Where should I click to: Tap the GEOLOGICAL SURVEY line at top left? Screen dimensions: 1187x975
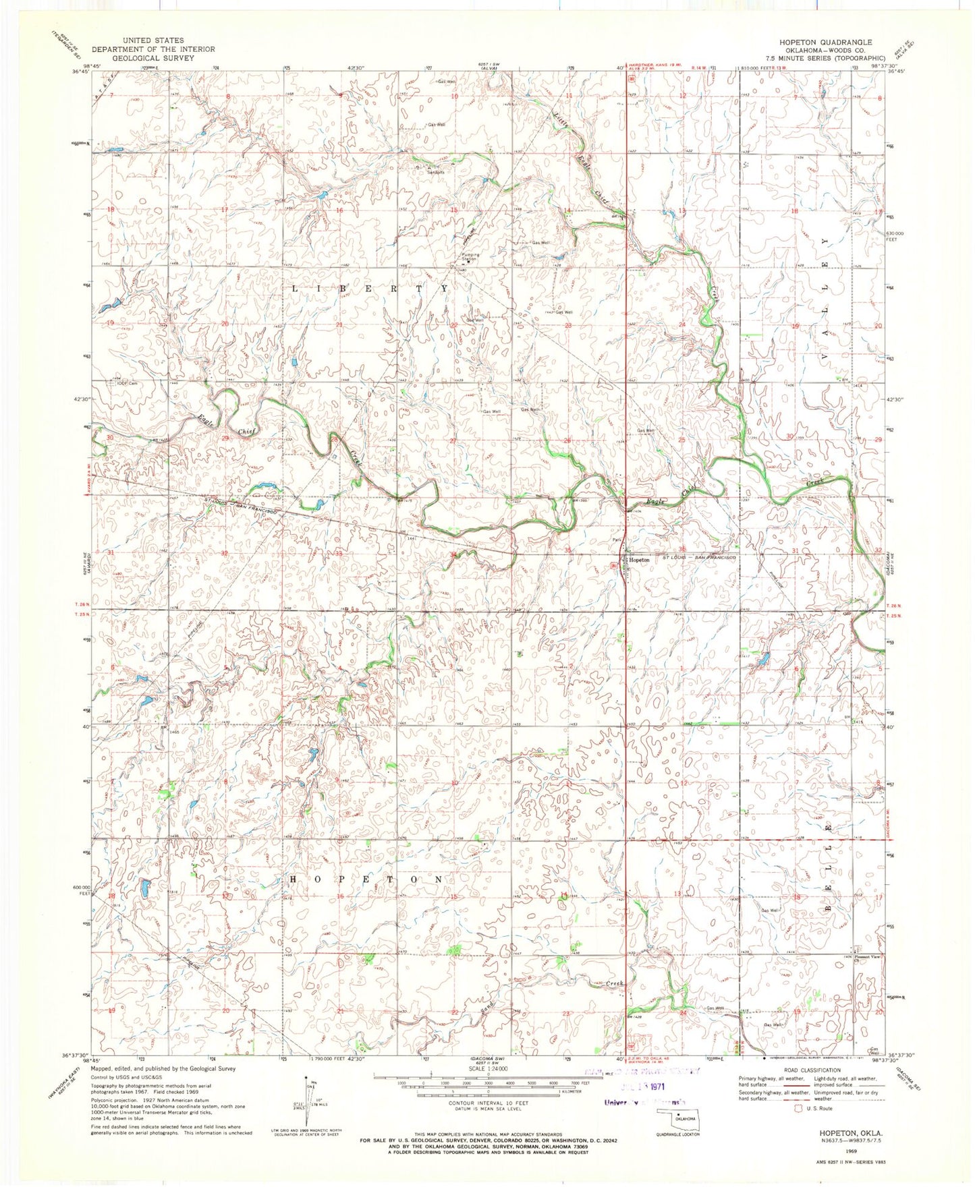pyautogui.click(x=153, y=58)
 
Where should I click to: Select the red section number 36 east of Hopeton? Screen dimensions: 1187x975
pyautogui.click(x=682, y=549)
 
